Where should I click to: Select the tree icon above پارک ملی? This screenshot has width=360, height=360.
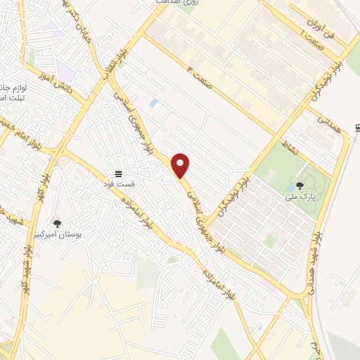point(300,186)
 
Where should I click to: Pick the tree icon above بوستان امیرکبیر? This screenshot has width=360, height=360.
point(58,224)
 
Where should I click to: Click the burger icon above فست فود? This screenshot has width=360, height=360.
point(120,172)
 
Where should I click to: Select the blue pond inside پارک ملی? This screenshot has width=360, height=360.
point(290,189)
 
